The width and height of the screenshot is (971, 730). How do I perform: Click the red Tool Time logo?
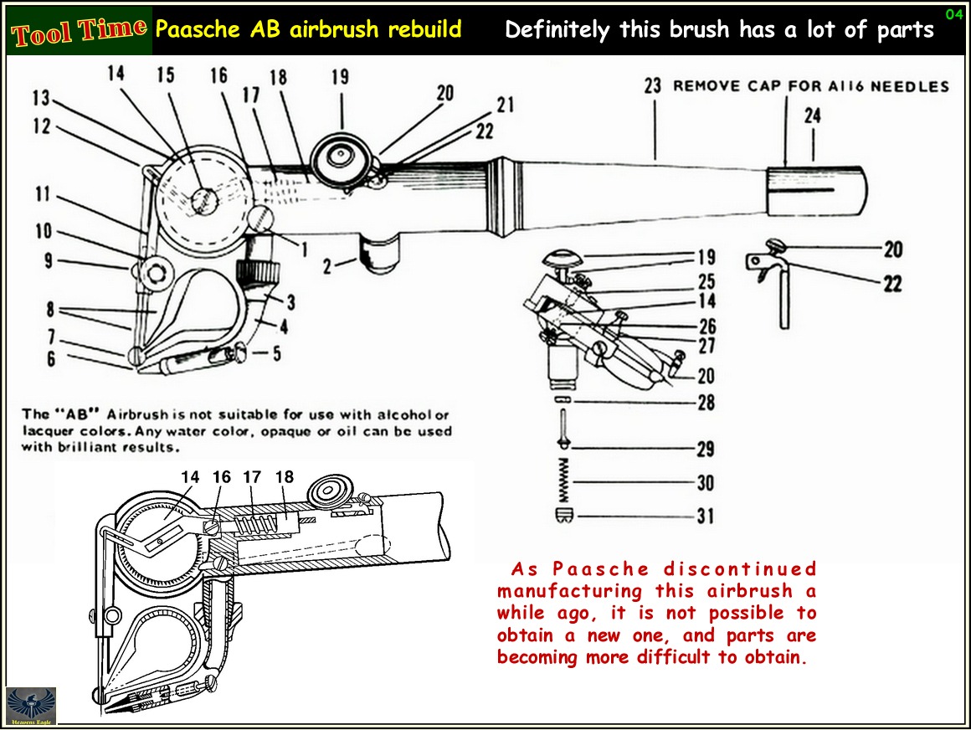tap(80, 32)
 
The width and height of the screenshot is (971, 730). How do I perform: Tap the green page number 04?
tap(953, 14)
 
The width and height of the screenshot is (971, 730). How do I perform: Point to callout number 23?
tap(653, 85)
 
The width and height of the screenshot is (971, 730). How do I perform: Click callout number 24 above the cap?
tap(813, 116)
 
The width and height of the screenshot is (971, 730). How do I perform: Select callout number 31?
tap(706, 517)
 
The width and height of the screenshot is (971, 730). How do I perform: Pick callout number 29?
tap(706, 450)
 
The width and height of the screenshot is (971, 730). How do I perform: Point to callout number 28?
tap(706, 403)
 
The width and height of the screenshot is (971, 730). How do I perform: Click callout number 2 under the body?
tap(329, 267)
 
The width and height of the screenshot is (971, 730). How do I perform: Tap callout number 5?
tap(277, 353)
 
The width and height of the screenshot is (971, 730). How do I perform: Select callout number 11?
tap(42, 195)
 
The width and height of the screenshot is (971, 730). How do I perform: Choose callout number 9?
tap(49, 261)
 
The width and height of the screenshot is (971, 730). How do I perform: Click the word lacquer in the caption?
tap(48, 431)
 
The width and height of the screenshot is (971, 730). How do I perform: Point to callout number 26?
tap(707, 327)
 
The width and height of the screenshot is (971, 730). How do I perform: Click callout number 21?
tap(505, 105)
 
